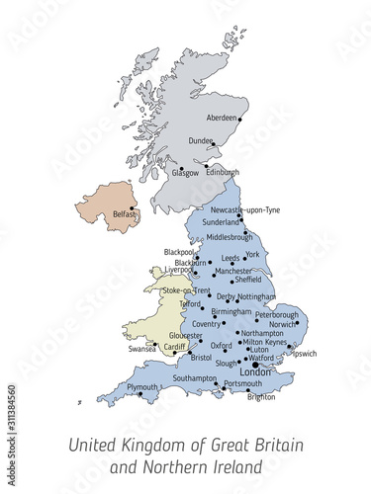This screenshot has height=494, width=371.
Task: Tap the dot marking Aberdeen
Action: click(240, 119)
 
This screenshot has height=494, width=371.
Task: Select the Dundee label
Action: click(201, 141)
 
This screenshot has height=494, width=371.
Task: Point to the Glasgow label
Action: click(185, 173)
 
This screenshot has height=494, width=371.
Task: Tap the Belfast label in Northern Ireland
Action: click(124, 212)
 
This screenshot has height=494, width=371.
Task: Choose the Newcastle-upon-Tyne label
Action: click(245, 209)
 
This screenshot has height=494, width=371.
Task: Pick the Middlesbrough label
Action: click(230, 237)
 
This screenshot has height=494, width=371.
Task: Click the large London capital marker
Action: click(255, 366)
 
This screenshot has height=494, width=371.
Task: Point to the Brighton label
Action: click(261, 397)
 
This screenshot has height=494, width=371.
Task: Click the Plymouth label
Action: click(141, 387)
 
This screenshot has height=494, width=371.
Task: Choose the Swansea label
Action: click(142, 349)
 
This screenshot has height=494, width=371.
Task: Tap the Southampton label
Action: click(194, 378)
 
